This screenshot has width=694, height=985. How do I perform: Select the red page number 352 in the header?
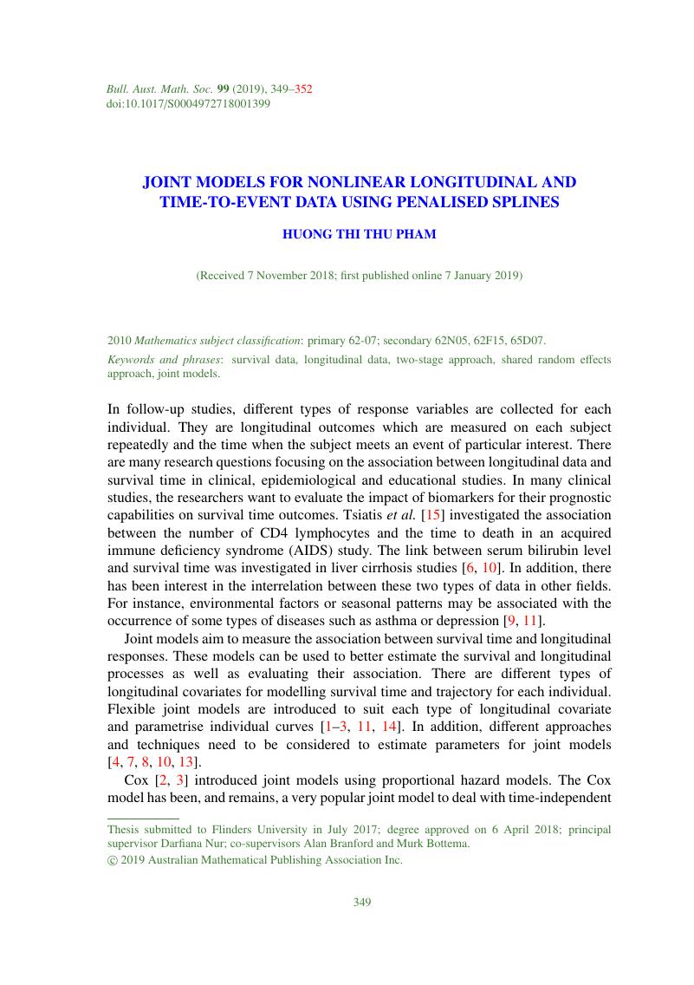click(303, 88)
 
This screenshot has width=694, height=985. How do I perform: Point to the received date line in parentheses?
click(359, 276)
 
